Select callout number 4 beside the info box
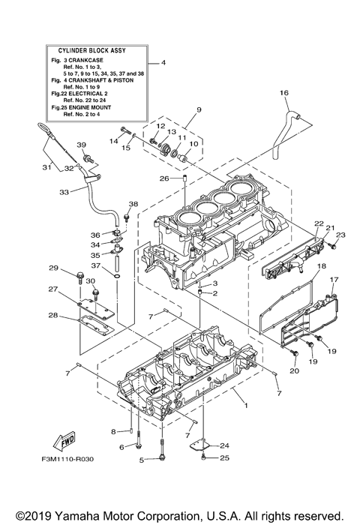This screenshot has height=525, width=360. (x=163, y=63)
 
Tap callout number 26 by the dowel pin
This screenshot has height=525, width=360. (x=163, y=178)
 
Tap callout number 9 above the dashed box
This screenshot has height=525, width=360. (x=198, y=109)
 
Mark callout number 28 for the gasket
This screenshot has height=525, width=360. (x=52, y=315)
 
